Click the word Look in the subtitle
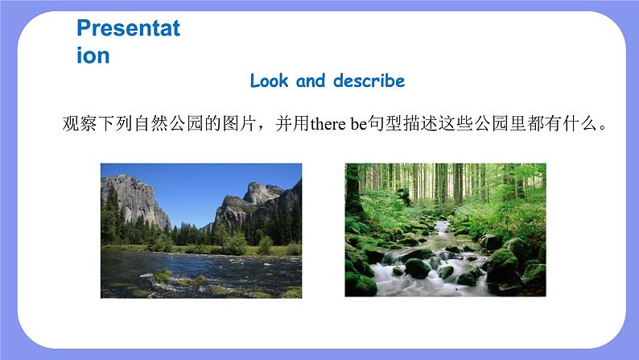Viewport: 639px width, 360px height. point(269,81)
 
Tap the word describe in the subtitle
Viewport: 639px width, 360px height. point(369,81)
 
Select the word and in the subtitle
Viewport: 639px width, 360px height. point(311,81)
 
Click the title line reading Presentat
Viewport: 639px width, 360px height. point(129,28)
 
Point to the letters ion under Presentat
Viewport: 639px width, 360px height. point(93,56)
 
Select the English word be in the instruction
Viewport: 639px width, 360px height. point(359,124)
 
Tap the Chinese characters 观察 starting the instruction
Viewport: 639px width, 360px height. point(80,123)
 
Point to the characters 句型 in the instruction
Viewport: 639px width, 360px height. point(385,123)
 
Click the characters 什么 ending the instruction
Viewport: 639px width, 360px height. point(580,123)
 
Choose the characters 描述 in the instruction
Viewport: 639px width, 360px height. point(420,123)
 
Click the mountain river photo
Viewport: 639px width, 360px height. point(201,231)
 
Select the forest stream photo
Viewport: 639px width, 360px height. point(445,230)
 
